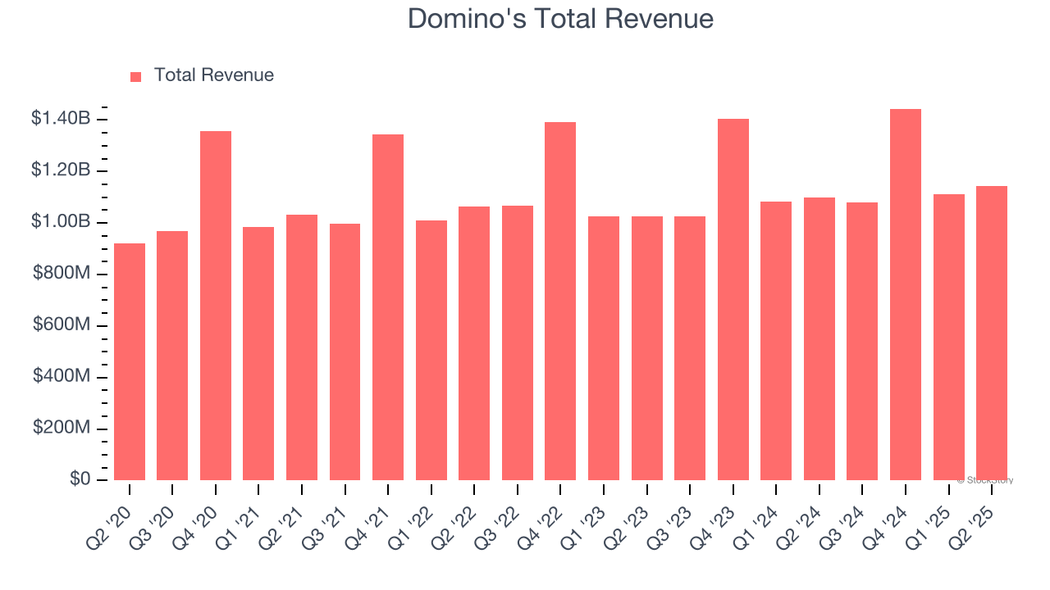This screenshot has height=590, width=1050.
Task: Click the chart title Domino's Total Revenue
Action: click(560, 19)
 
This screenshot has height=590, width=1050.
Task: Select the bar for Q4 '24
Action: click(906, 295)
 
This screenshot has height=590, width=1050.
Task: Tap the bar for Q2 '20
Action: click(130, 361)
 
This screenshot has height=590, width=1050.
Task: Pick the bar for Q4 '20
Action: click(216, 306)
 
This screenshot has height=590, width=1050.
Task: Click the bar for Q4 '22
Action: click(560, 301)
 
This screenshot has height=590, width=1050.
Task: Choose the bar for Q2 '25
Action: click(992, 333)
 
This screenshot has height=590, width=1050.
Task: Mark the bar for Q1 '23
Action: click(604, 348)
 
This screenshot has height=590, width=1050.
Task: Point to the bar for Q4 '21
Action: click(388, 307)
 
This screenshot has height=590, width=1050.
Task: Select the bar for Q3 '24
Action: click(862, 341)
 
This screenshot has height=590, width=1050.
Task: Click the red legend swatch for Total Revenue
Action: click(136, 76)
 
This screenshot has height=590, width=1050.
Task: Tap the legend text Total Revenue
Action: click(214, 75)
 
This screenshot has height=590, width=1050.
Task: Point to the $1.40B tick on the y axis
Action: click(61, 119)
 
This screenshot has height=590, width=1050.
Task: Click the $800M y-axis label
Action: click(61, 274)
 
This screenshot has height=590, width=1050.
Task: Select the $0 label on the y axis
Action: click(80, 479)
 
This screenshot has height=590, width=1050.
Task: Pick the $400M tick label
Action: click(61, 377)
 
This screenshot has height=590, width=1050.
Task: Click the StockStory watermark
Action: click(985, 480)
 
